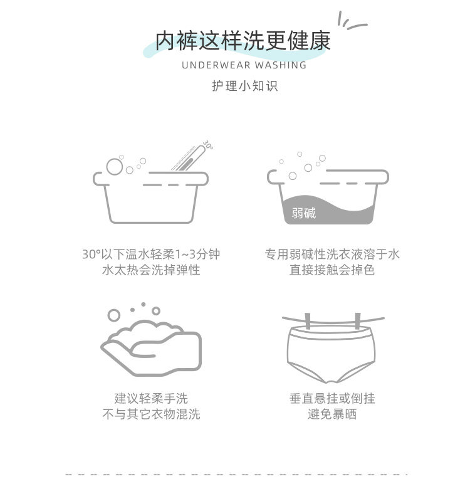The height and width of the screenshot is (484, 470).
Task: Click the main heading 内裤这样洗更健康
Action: pyautogui.click(x=243, y=41)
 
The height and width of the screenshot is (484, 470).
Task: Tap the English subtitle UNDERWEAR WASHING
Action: pyautogui.click(x=244, y=65)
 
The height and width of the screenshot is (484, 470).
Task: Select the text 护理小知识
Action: pyautogui.click(x=244, y=86)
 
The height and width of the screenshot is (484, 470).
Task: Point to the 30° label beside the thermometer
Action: pyautogui.click(x=208, y=144)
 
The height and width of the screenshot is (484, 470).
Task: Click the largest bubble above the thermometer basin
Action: pyautogui.click(x=115, y=166)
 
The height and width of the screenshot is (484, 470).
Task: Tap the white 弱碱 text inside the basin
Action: pyautogui.click(x=304, y=213)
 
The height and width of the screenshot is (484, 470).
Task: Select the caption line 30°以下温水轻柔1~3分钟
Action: pyautogui.click(x=151, y=255)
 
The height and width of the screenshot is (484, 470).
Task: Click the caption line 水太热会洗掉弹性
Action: pyautogui.click(x=151, y=270)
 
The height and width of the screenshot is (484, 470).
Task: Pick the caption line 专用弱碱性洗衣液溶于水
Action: pyautogui.click(x=332, y=255)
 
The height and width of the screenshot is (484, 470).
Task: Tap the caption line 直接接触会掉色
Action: pyautogui.click(x=332, y=270)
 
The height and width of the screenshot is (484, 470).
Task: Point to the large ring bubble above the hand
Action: pyautogui.click(x=114, y=315)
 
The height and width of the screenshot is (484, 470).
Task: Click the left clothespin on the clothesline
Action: pyautogui.click(x=307, y=321)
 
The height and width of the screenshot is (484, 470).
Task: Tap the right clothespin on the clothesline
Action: pyautogui.click(x=358, y=321)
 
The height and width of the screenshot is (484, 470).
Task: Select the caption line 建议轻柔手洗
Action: pyautogui.click(x=151, y=398)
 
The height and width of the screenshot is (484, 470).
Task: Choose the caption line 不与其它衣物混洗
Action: pyautogui.click(x=151, y=414)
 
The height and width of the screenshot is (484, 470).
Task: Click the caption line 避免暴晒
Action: pyautogui.click(x=332, y=414)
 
